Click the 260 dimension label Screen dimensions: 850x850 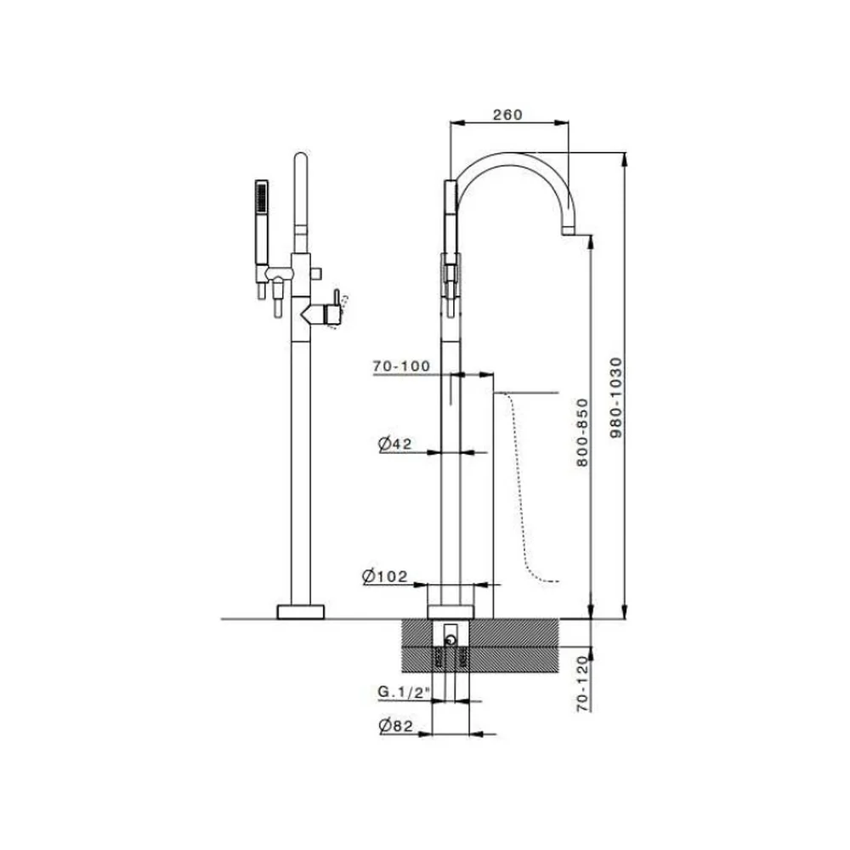[507, 115]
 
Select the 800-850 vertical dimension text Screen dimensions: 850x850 [582, 433]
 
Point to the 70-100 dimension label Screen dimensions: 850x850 [401, 365]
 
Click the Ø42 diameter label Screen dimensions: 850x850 [394, 444]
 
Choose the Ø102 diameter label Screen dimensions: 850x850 [384, 575]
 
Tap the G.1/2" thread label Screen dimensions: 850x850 [404, 692]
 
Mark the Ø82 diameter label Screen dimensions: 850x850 [396, 725]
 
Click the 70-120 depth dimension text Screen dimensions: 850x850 [582, 683]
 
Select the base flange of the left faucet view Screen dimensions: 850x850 [301, 612]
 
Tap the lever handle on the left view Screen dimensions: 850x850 [336, 300]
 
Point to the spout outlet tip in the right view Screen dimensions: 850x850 [568, 231]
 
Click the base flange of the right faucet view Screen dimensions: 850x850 [450, 612]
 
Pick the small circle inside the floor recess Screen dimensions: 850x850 [450, 641]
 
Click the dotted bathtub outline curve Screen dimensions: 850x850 [520, 488]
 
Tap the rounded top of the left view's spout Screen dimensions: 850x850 [301, 157]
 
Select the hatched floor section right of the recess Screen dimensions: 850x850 [514, 646]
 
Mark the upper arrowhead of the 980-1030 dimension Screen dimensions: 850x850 [625, 158]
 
